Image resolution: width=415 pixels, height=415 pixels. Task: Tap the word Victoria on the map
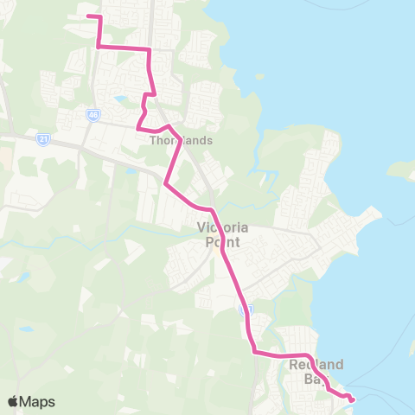coord(223,228)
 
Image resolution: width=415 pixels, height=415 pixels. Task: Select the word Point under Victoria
coord(223,243)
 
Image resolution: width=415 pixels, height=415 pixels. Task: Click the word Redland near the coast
coord(317,364)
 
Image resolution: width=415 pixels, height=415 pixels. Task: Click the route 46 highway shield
coord(93,113)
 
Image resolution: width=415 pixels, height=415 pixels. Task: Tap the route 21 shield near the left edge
coord(43,137)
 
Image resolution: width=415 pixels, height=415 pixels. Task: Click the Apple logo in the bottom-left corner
coord(14,401)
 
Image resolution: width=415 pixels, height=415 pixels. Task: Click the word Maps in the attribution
coord(38,401)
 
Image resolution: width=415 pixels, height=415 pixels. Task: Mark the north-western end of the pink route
coord(88,16)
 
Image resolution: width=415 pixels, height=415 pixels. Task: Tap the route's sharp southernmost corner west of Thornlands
coord(138,128)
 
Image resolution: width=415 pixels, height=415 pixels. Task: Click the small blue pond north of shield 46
coord(118,99)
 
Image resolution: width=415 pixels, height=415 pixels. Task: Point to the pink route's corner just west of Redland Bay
coord(254,351)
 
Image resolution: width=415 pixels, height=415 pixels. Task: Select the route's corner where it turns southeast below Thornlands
coord(165,183)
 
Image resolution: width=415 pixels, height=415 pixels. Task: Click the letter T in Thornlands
coord(153,139)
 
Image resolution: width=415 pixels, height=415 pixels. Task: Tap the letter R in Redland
coord(295,364)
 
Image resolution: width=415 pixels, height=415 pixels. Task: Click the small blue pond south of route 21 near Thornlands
coord(131,170)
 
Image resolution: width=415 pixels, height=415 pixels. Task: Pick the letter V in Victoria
coord(201,228)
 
